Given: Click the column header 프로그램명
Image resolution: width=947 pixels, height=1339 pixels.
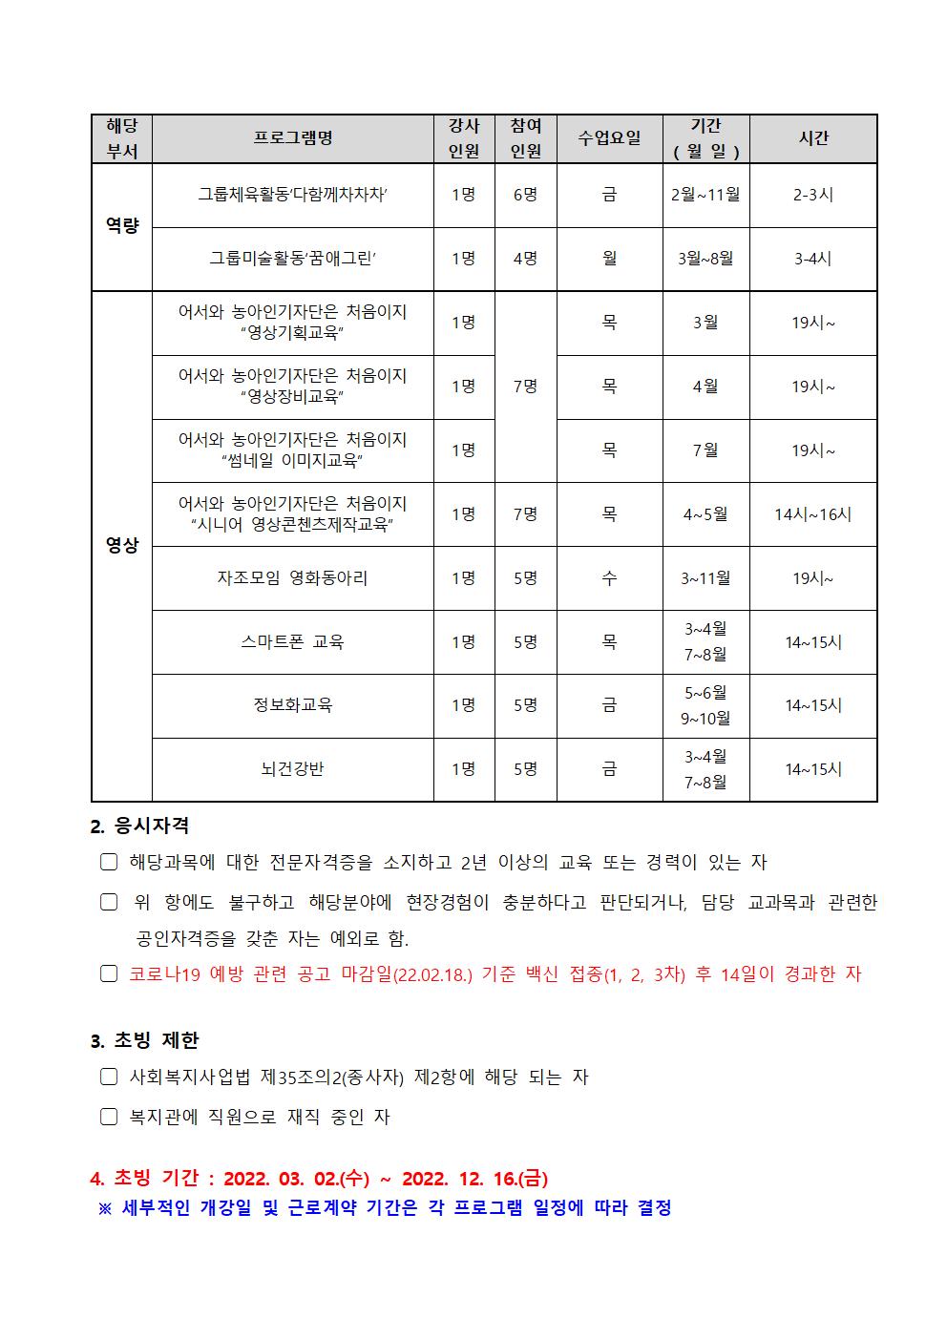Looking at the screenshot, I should click(x=293, y=138).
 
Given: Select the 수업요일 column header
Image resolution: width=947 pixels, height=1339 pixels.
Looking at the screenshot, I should click(x=609, y=138).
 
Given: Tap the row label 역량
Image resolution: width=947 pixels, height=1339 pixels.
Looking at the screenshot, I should click(x=121, y=226).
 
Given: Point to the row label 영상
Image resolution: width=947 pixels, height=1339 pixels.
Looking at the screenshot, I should click(x=121, y=545).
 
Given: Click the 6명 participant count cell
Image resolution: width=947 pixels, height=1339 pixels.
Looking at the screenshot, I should click(x=525, y=195).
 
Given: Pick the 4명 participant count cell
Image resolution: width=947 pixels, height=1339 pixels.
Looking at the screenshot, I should click(x=525, y=259).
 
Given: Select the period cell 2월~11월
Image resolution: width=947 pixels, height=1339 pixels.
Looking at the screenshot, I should click(x=705, y=195).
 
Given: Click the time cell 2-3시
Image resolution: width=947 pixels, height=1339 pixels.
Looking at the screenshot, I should click(x=813, y=195).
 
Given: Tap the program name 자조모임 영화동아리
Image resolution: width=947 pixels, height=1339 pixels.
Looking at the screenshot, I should click(x=292, y=577).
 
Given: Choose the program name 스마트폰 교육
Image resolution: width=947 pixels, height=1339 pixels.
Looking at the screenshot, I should click(x=292, y=641).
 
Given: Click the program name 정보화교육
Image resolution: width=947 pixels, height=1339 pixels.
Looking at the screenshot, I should click(x=292, y=705).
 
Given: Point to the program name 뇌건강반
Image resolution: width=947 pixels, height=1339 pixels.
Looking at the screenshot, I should click(x=292, y=769).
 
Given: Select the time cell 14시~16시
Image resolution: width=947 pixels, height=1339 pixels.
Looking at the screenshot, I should click(x=813, y=514).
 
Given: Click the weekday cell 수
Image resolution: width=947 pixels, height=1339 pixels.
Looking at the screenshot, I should click(x=609, y=577).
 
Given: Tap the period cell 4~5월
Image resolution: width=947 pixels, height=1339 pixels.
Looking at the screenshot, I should click(x=705, y=514).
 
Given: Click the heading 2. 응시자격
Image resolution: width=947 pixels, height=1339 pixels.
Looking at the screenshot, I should click(x=139, y=826).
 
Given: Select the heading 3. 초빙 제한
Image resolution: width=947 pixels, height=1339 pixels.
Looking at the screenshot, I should click(x=144, y=1040).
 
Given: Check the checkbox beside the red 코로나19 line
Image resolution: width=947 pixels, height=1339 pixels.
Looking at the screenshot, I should click(x=109, y=974).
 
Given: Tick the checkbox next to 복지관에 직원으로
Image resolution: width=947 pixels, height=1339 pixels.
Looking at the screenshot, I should click(x=109, y=1117).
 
